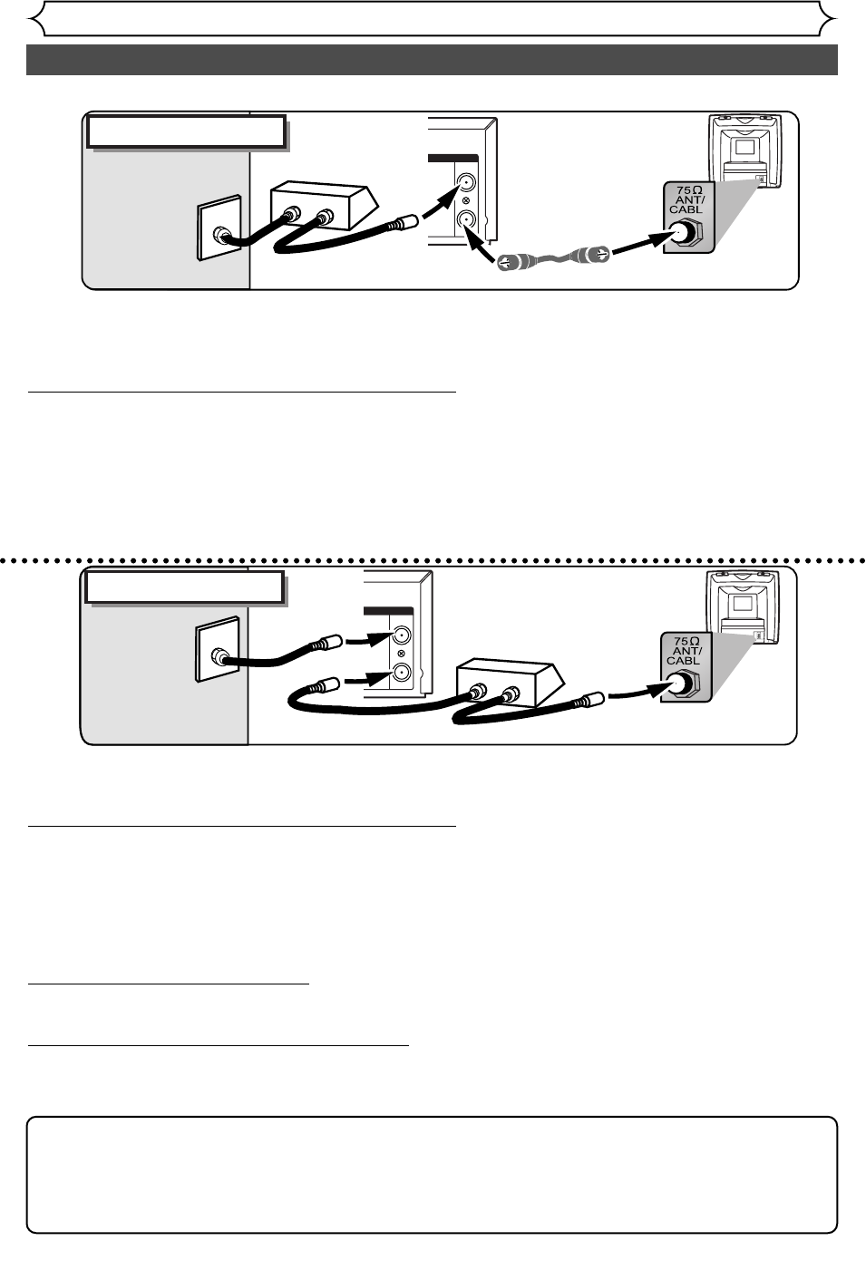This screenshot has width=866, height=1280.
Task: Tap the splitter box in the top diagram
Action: coord(322,208)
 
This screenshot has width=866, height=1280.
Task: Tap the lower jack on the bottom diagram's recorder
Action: coord(401,673)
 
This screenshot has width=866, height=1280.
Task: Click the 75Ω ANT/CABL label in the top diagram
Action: coord(687,199)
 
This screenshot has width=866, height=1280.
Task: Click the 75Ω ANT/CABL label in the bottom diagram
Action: coord(685,651)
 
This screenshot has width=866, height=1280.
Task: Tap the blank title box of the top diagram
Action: coord(186,132)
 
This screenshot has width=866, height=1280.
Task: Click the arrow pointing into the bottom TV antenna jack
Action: coord(638,693)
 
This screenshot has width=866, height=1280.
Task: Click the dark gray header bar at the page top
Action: coord(432,59)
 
